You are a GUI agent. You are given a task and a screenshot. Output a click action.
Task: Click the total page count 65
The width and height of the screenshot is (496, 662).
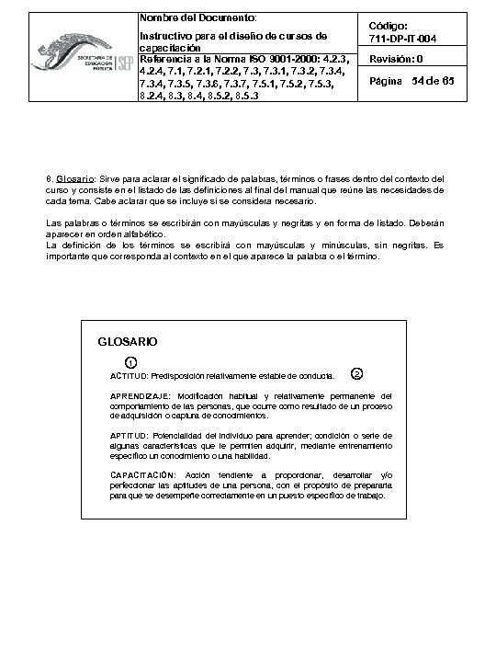click(448, 82)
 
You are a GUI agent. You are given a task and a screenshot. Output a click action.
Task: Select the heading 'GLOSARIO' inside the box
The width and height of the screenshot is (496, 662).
click(127, 341)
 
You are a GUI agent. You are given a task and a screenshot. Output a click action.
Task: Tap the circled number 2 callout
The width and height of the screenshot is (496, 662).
click(357, 372)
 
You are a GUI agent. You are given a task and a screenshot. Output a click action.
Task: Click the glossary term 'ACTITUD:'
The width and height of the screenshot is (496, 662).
click(129, 376)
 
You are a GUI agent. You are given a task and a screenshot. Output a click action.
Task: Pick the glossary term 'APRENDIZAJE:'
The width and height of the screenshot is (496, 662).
click(139, 394)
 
